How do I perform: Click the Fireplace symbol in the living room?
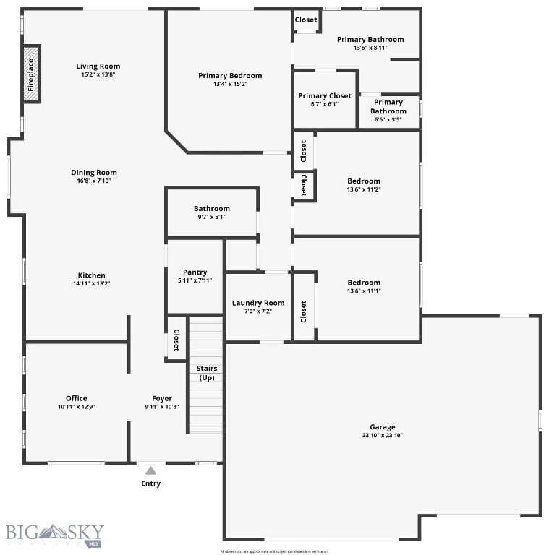pyautogui.click(x=31, y=74)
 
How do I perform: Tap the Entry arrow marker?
pyautogui.click(x=150, y=470)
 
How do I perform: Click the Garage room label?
pyautogui.click(x=383, y=427)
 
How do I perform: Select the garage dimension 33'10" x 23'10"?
pyautogui.click(x=383, y=436)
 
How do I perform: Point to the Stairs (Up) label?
pyautogui.click(x=207, y=373)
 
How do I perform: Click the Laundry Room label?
pyautogui.click(x=258, y=303)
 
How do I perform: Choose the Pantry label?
pyautogui.click(x=195, y=272)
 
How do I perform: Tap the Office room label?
pyautogui.click(x=77, y=398)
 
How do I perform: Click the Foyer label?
pyautogui.click(x=162, y=398)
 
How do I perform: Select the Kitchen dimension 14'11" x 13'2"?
pyautogui.click(x=92, y=284)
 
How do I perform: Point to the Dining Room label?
pyautogui.click(x=94, y=173)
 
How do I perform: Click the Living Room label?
pyautogui.click(x=98, y=66)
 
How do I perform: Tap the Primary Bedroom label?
pyautogui.click(x=230, y=75)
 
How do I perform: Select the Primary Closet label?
pyautogui.click(x=325, y=95)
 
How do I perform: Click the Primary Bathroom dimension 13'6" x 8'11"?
pyautogui.click(x=370, y=48)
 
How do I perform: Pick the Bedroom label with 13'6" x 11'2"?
pyautogui.click(x=364, y=181)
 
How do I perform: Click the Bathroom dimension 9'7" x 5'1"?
pyautogui.click(x=212, y=217)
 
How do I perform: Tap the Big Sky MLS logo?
pyautogui.click(x=55, y=534)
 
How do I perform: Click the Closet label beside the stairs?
pyautogui.click(x=176, y=340)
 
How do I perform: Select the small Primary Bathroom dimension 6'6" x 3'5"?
pyautogui.click(x=388, y=120)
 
